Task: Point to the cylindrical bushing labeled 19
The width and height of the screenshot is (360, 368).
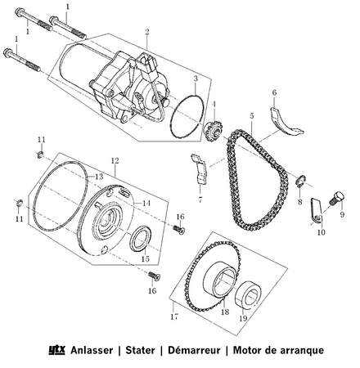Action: click(244, 293)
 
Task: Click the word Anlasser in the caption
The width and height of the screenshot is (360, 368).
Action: click(93, 350)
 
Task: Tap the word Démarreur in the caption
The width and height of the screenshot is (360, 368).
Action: click(192, 350)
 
